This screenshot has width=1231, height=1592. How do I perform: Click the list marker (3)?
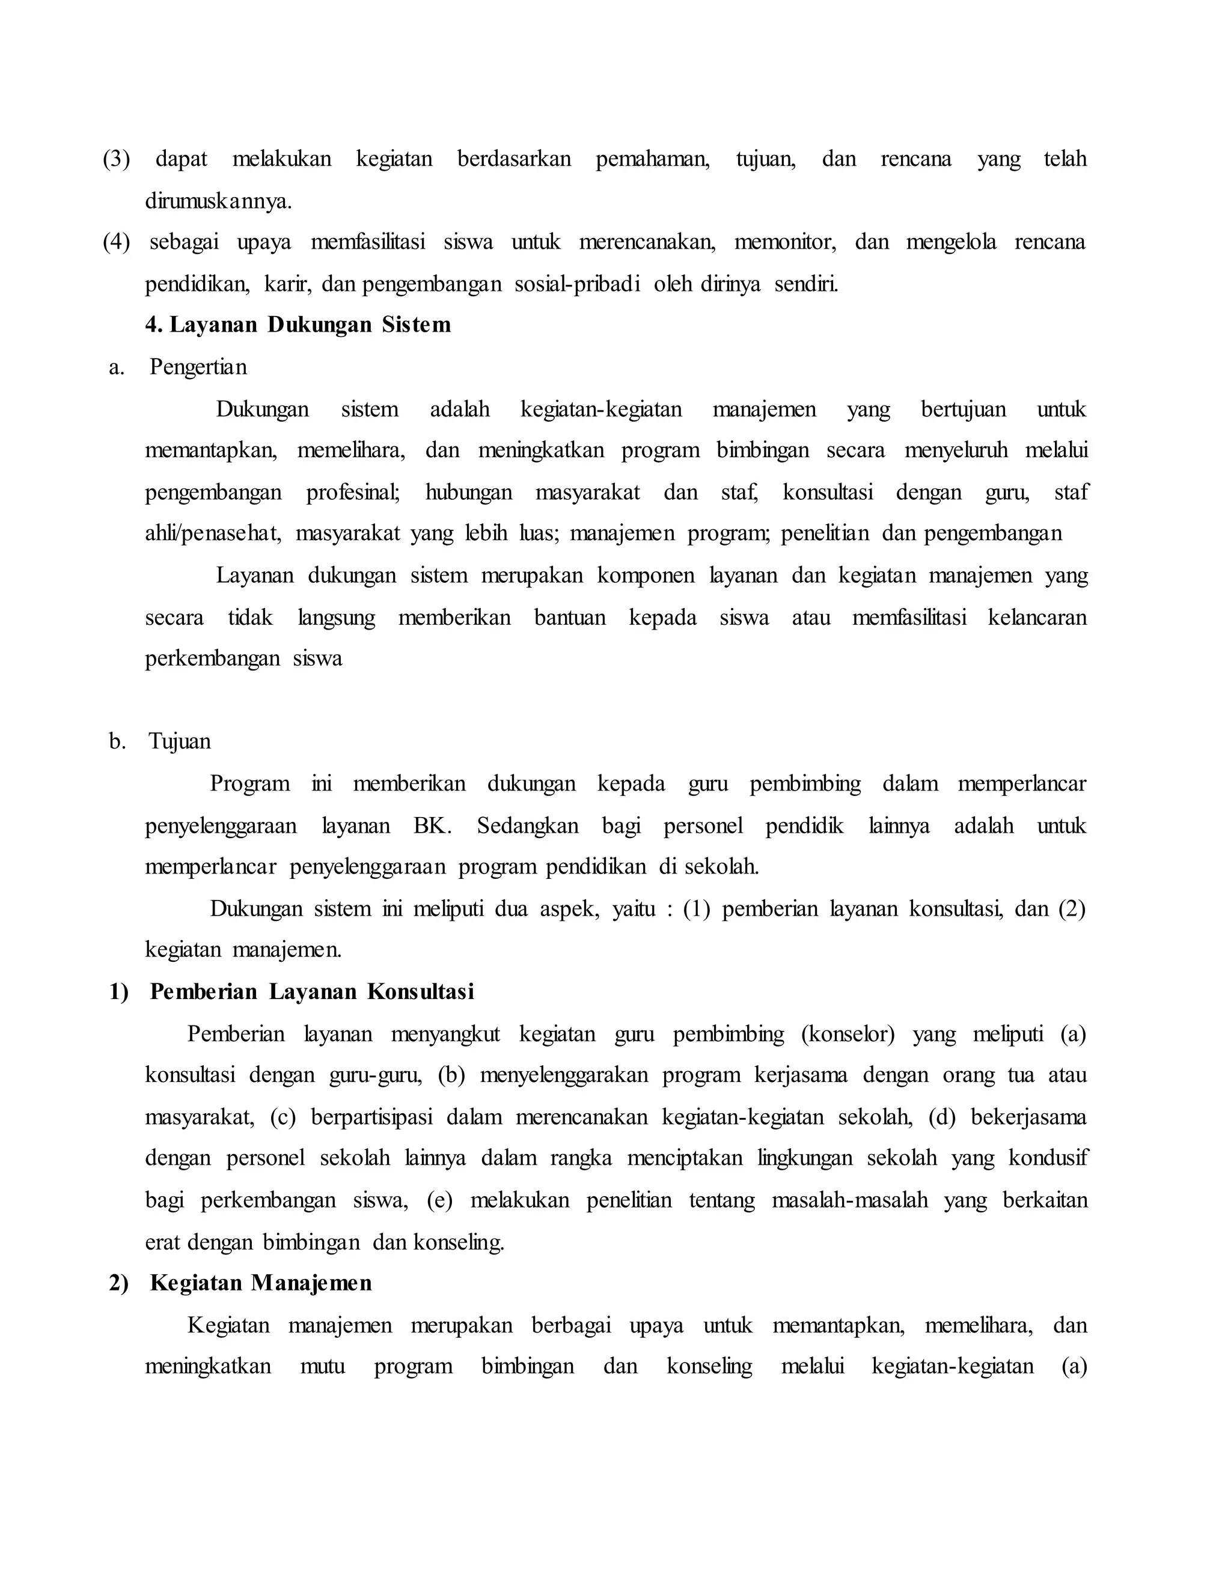pos(117,160)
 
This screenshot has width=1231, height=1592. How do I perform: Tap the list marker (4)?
pos(117,243)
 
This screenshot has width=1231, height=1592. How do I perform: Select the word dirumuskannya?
pos(218,201)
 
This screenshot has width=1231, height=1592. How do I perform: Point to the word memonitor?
pos(784,243)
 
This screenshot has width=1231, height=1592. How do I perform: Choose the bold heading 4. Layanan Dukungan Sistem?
pos(298,325)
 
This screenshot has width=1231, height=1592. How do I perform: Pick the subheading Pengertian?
pos(198,368)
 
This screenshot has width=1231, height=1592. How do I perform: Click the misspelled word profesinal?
pos(353,493)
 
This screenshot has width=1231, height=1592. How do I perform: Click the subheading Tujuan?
pos(180,742)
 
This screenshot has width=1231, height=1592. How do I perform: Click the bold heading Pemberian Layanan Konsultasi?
pos(311,992)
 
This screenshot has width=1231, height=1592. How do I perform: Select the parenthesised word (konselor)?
pos(848,1034)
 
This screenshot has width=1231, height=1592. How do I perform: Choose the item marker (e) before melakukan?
pos(440,1200)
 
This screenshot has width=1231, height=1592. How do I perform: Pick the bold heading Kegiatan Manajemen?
pos(260,1284)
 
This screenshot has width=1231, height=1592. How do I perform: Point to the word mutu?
pos(322,1366)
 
